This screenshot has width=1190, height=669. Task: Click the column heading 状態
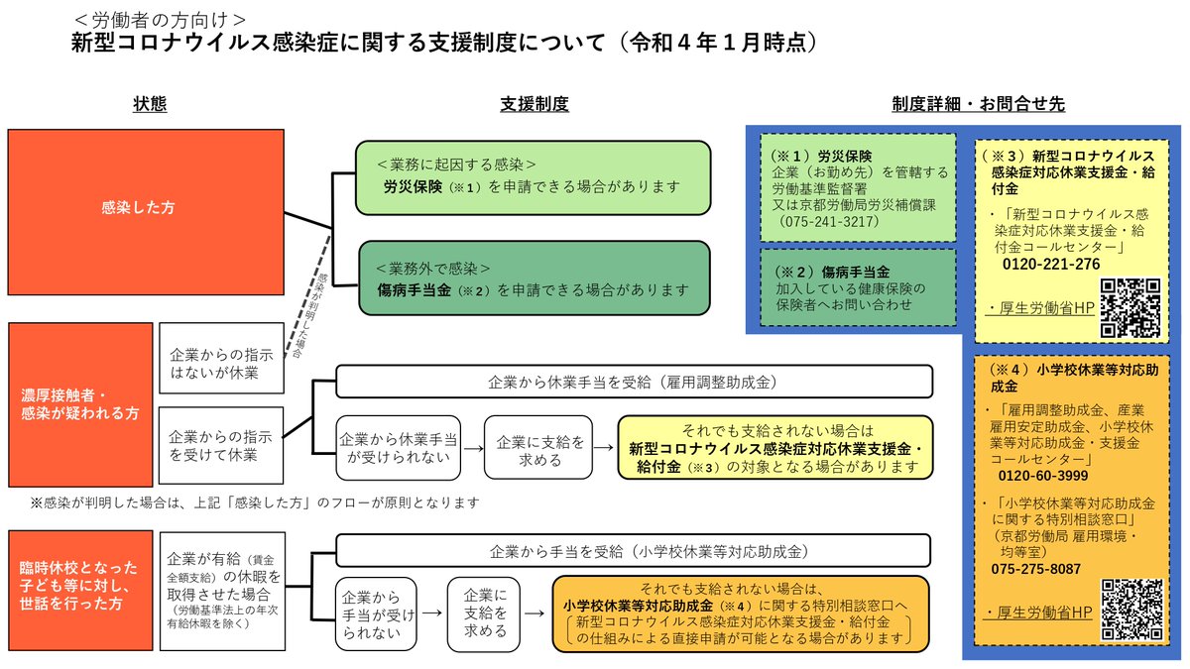[x=150, y=104]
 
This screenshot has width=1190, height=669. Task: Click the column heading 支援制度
[x=534, y=104]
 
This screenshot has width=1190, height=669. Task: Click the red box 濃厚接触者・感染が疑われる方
[x=80, y=404]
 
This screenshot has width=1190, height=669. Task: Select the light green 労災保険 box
[x=533, y=177]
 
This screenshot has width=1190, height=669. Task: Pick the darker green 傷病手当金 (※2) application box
[x=533, y=281]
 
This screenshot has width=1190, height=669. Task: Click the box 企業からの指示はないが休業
[x=206, y=363]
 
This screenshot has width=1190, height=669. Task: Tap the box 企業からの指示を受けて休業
[x=206, y=446]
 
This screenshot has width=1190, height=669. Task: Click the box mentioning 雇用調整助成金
[x=634, y=381]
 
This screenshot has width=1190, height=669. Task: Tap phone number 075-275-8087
[x=1035, y=569]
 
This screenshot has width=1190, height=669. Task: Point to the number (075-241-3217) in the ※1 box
[x=830, y=221]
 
